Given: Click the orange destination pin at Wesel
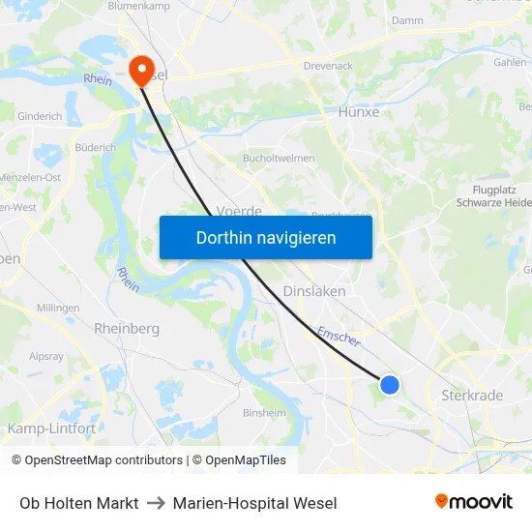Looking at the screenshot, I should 142,68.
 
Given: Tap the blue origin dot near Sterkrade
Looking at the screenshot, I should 390,385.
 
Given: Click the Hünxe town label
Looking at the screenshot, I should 358,111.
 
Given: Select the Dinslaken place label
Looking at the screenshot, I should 314,290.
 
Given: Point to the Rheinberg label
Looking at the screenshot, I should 127,329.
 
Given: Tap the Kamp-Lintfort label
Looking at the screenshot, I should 51,428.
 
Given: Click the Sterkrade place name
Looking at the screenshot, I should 472,396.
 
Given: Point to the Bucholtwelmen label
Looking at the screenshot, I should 280,158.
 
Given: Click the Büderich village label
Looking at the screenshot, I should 95,148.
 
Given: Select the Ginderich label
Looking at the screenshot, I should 40,116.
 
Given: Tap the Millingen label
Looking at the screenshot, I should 58,308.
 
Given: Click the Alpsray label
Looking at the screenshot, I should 45,355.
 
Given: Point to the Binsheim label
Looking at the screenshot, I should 264,412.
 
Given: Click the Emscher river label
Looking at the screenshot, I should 339,335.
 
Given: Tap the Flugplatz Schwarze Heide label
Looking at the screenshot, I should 493,196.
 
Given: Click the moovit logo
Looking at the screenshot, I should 474,502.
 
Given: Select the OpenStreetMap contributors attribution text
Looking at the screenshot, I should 97,460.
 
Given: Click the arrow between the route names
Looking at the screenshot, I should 156,503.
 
